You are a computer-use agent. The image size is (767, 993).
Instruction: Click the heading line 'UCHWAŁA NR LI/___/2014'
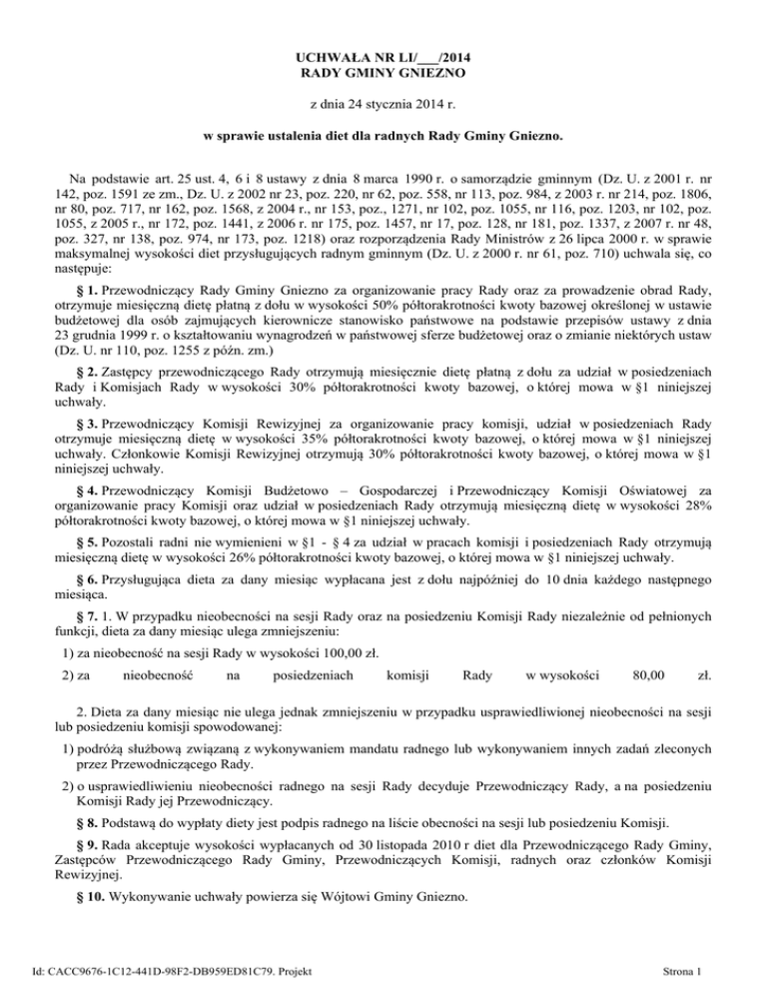[x=383, y=57]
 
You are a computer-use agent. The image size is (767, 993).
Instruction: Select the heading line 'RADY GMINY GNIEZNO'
[x=383, y=74]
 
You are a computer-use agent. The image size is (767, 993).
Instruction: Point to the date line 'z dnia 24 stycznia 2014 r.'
[x=383, y=104]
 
